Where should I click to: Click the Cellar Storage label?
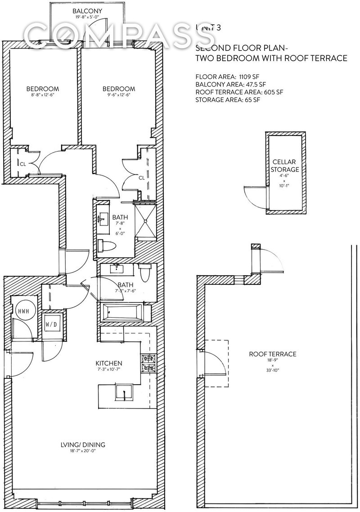[286, 166]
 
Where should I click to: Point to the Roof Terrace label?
[273, 354]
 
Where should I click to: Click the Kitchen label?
[109, 363]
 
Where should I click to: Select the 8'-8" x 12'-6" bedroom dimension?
[42, 95]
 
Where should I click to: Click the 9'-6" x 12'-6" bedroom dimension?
[118, 95]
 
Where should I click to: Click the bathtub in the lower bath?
[123, 312]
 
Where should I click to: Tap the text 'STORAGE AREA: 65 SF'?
[228, 99]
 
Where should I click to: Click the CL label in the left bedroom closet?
[22, 164]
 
